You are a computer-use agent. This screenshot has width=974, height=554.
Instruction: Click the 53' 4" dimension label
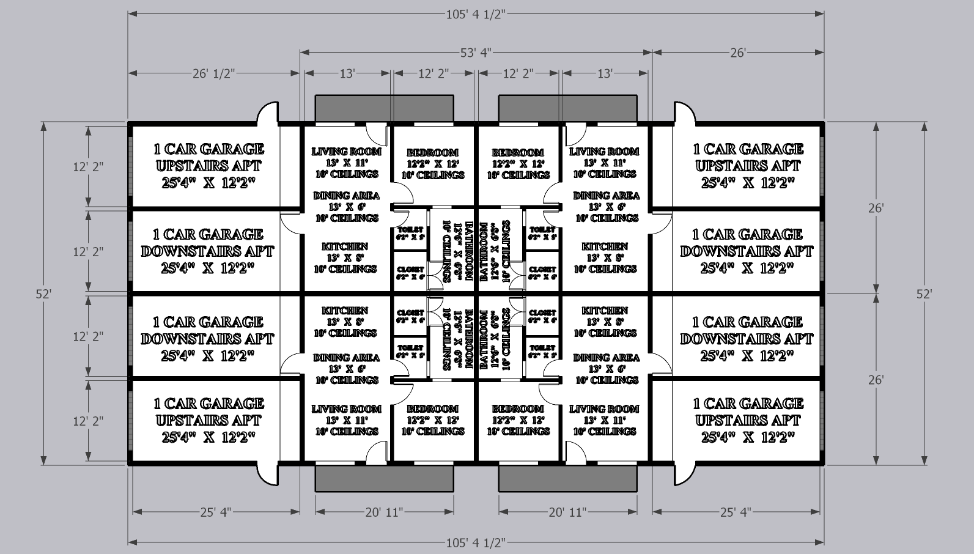[476, 53]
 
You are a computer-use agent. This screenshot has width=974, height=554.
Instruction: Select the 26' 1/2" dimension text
[213, 73]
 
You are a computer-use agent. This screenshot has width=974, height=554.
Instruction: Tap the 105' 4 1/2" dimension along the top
[475, 14]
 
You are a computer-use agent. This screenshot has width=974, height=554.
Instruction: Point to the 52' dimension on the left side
[43, 294]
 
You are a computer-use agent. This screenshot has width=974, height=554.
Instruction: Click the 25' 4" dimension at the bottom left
[215, 512]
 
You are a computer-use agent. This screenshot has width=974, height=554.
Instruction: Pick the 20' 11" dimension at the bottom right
[567, 512]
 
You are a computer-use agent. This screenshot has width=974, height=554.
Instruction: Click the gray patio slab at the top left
[384, 108]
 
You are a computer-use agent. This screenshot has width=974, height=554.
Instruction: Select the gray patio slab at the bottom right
[569, 478]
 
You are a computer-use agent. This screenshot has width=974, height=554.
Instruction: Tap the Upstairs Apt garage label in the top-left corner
[208, 166]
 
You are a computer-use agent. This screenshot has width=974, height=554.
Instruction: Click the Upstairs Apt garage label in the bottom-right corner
[747, 420]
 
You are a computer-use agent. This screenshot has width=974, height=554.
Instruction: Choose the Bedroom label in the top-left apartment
[432, 152]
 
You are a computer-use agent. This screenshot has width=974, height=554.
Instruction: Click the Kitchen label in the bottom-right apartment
[604, 311]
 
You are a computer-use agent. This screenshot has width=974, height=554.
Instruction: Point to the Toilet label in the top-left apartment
[410, 229]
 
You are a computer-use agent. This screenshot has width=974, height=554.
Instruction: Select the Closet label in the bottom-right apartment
[542, 313]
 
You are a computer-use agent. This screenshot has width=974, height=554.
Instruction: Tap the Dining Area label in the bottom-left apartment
[345, 358]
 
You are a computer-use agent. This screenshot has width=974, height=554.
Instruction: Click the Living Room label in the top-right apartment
[604, 151]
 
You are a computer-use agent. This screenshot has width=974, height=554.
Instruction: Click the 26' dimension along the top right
[738, 53]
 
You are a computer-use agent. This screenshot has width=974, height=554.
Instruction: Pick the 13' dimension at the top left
[347, 73]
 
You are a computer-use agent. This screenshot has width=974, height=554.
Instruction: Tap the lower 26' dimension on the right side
[876, 380]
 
